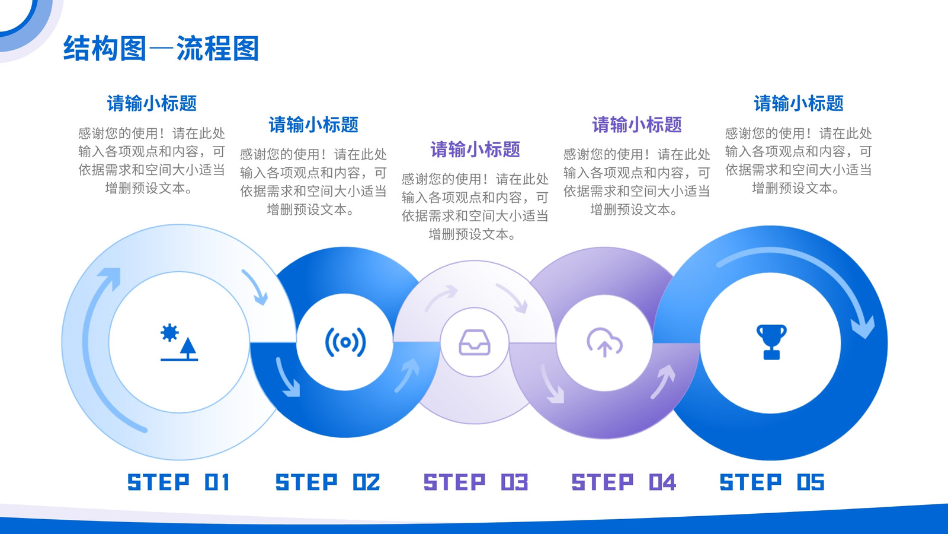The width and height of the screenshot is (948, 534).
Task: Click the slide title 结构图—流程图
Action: click(x=161, y=48)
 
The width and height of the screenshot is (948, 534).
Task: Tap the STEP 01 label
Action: click(x=178, y=482)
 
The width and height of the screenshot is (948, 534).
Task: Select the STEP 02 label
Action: click(x=328, y=482)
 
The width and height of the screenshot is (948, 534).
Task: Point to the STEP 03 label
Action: click(x=476, y=482)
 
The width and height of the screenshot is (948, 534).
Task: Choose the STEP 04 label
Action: click(x=624, y=482)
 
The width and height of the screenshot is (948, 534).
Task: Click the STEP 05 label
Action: click(x=772, y=482)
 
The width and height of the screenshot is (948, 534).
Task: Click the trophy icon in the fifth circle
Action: click(x=771, y=342)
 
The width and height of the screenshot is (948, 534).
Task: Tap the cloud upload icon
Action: click(x=604, y=342)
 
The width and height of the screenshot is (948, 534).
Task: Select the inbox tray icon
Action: click(x=475, y=342)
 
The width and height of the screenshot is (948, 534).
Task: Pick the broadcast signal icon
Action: click(x=345, y=342)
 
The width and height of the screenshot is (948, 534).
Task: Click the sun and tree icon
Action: click(x=179, y=342)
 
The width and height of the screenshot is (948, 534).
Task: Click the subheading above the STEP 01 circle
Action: click(x=152, y=103)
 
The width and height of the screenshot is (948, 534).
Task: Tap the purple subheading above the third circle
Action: click(x=475, y=150)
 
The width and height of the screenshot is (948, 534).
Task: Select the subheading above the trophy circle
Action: click(x=799, y=103)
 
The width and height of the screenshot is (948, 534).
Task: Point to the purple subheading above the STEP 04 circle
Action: click(x=637, y=125)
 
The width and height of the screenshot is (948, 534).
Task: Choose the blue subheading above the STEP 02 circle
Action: click(x=313, y=125)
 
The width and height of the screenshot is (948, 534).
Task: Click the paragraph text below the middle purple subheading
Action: click(x=475, y=206)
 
